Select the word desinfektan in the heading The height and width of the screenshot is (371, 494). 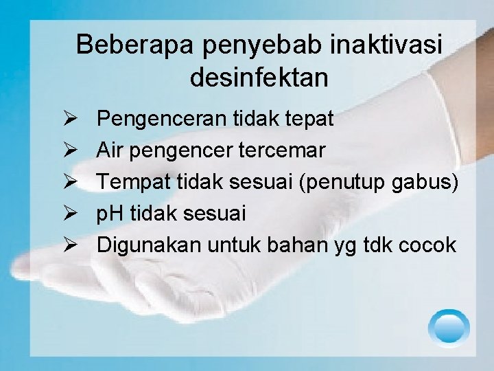[x=259, y=78]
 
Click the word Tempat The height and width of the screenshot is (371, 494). [x=128, y=183]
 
